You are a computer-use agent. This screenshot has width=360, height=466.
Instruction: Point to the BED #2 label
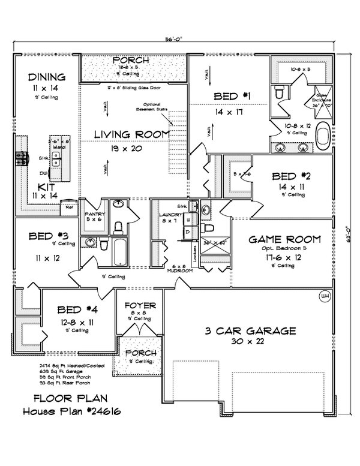(292, 176)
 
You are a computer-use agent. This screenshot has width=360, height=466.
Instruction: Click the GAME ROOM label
(284, 239)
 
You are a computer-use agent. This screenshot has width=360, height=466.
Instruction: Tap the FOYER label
(139, 306)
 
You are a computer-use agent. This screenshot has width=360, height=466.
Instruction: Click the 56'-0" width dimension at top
(173, 40)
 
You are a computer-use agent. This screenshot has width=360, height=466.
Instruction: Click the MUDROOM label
(180, 270)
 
